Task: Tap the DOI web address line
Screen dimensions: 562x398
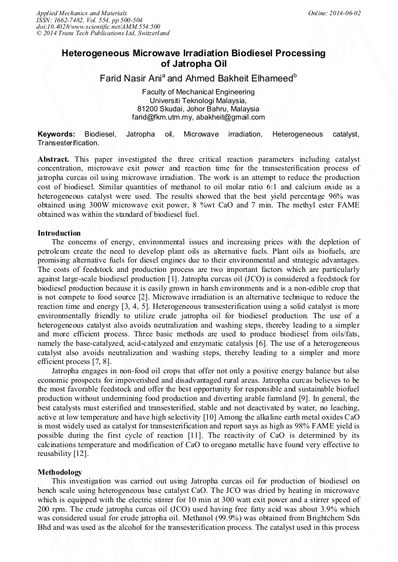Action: [98, 27]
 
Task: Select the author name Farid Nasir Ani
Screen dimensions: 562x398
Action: [133, 78]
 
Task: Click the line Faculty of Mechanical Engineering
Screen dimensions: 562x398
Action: [198, 92]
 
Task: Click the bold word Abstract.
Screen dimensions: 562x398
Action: [54, 159]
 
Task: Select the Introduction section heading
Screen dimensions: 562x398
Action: [59, 233]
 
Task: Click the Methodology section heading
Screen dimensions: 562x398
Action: [60, 472]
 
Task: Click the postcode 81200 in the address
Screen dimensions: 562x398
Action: [149, 109]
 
